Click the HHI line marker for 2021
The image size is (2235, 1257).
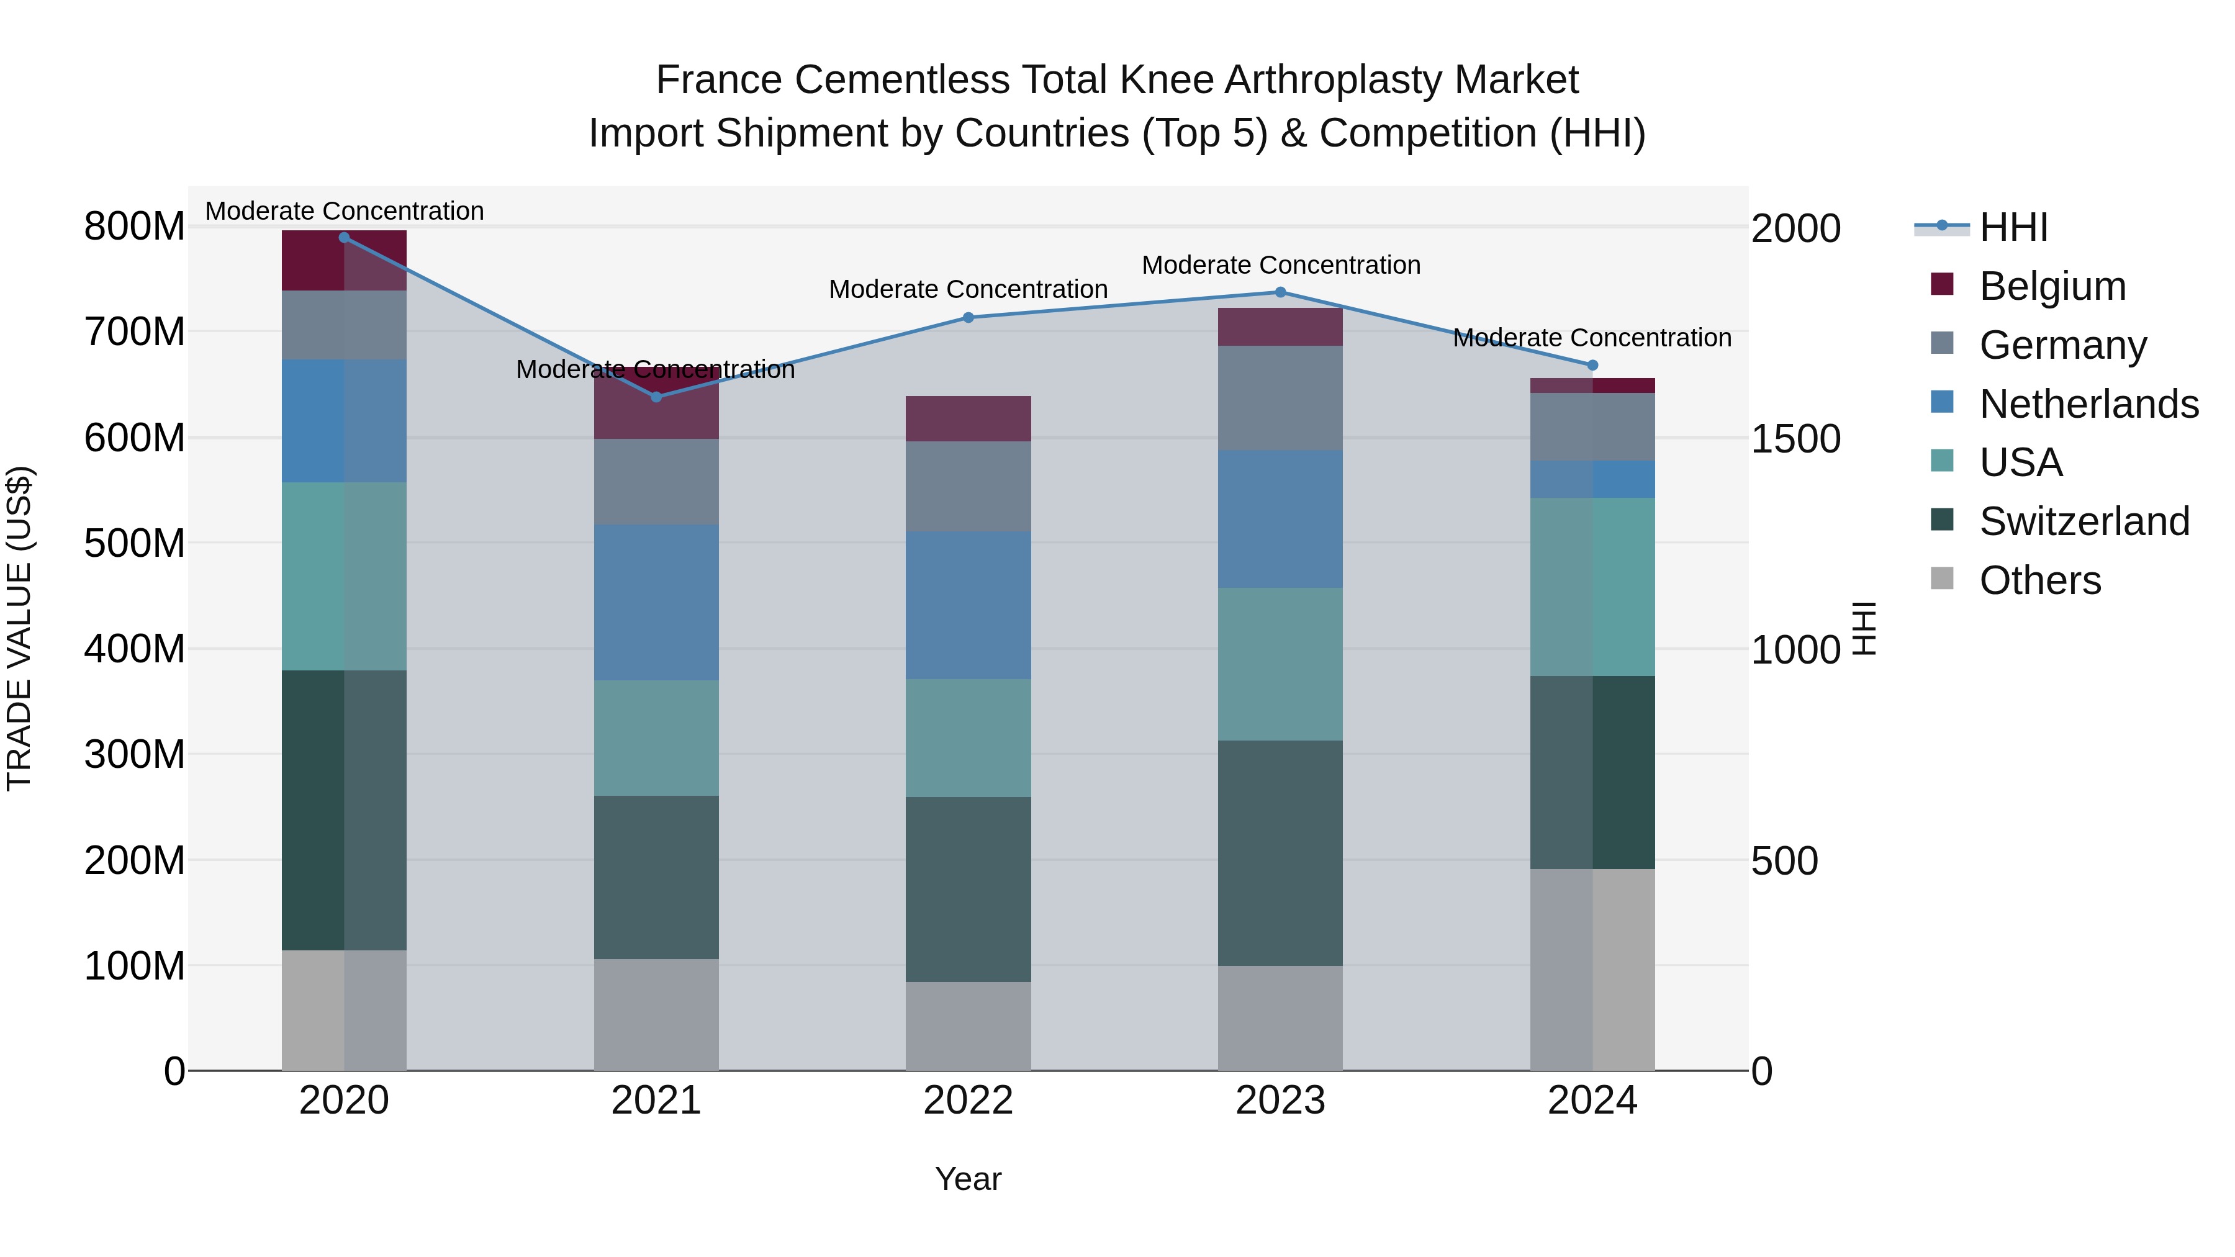click(x=656, y=397)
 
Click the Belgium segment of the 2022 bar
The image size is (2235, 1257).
click(x=968, y=419)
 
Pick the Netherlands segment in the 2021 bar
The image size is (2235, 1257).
click(x=656, y=602)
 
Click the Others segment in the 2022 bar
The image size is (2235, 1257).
click(x=968, y=1025)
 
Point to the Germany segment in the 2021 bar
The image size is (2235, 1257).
click(x=656, y=482)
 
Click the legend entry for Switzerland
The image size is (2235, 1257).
click(x=2084, y=521)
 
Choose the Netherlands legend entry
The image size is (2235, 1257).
click(x=2088, y=404)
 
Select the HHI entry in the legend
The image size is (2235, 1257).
click(x=2013, y=227)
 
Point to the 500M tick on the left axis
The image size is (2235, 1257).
click(x=135, y=544)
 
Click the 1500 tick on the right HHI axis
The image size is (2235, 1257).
click(x=1795, y=439)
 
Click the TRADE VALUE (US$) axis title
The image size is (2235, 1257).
click(x=20, y=628)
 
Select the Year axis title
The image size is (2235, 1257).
click(x=968, y=1179)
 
